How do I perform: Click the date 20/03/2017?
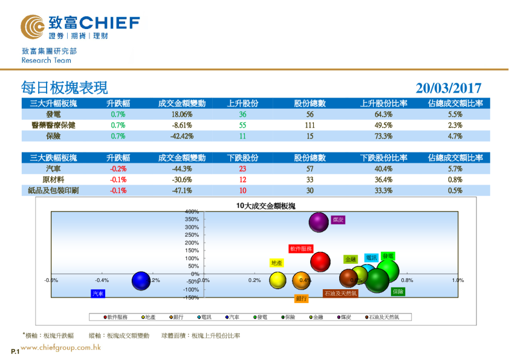[x=448, y=88]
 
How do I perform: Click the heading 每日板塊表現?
[x=65, y=88]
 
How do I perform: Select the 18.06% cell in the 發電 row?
[x=181, y=114]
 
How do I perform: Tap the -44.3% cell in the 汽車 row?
[x=181, y=169]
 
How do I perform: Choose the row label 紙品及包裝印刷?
[x=53, y=191]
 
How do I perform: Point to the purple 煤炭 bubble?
[x=319, y=222]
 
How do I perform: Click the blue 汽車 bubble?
[x=141, y=280]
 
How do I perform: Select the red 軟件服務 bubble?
[x=320, y=261]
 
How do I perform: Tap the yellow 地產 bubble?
[x=277, y=280]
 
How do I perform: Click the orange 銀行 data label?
[x=301, y=298]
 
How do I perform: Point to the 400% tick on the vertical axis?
[x=192, y=211]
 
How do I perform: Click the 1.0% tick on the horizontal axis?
[x=458, y=280]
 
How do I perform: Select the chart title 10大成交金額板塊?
[x=266, y=206]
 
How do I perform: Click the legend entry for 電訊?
[x=206, y=316]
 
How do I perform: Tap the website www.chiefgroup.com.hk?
[x=60, y=348]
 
